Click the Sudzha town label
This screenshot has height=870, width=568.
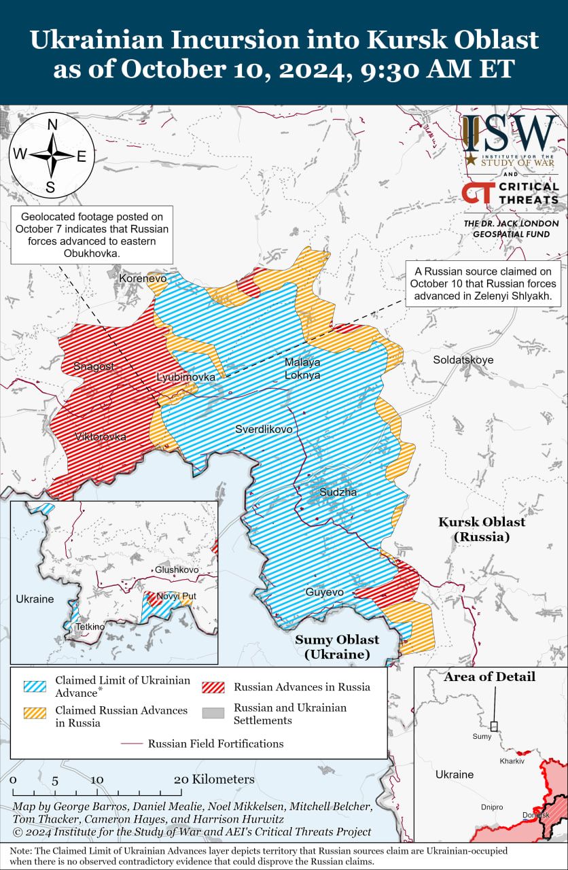pyautogui.click(x=338, y=492)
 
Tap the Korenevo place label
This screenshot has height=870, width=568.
pyautogui.click(x=143, y=278)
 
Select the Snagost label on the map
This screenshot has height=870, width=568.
pyautogui.click(x=94, y=366)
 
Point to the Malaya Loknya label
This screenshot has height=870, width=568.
pyautogui.click(x=303, y=368)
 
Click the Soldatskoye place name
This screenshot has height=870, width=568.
pyautogui.click(x=463, y=360)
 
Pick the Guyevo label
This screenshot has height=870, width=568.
pyautogui.click(x=324, y=593)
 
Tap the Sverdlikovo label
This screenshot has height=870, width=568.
pyautogui.click(x=264, y=430)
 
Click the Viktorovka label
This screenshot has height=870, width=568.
pyautogui.click(x=101, y=437)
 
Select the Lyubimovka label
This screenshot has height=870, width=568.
pyautogui.click(x=186, y=377)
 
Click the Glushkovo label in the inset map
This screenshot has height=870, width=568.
pyautogui.click(x=177, y=570)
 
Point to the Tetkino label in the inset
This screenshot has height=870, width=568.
pyautogui.click(x=90, y=626)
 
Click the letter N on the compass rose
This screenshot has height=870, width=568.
pyautogui.click(x=52, y=125)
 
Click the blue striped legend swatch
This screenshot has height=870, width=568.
pyautogui.click(x=35, y=686)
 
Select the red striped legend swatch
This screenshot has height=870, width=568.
pyautogui.click(x=213, y=686)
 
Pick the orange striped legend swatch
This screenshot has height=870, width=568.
pyautogui.click(x=35, y=712)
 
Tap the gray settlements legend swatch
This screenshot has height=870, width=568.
pyautogui.click(x=213, y=712)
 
